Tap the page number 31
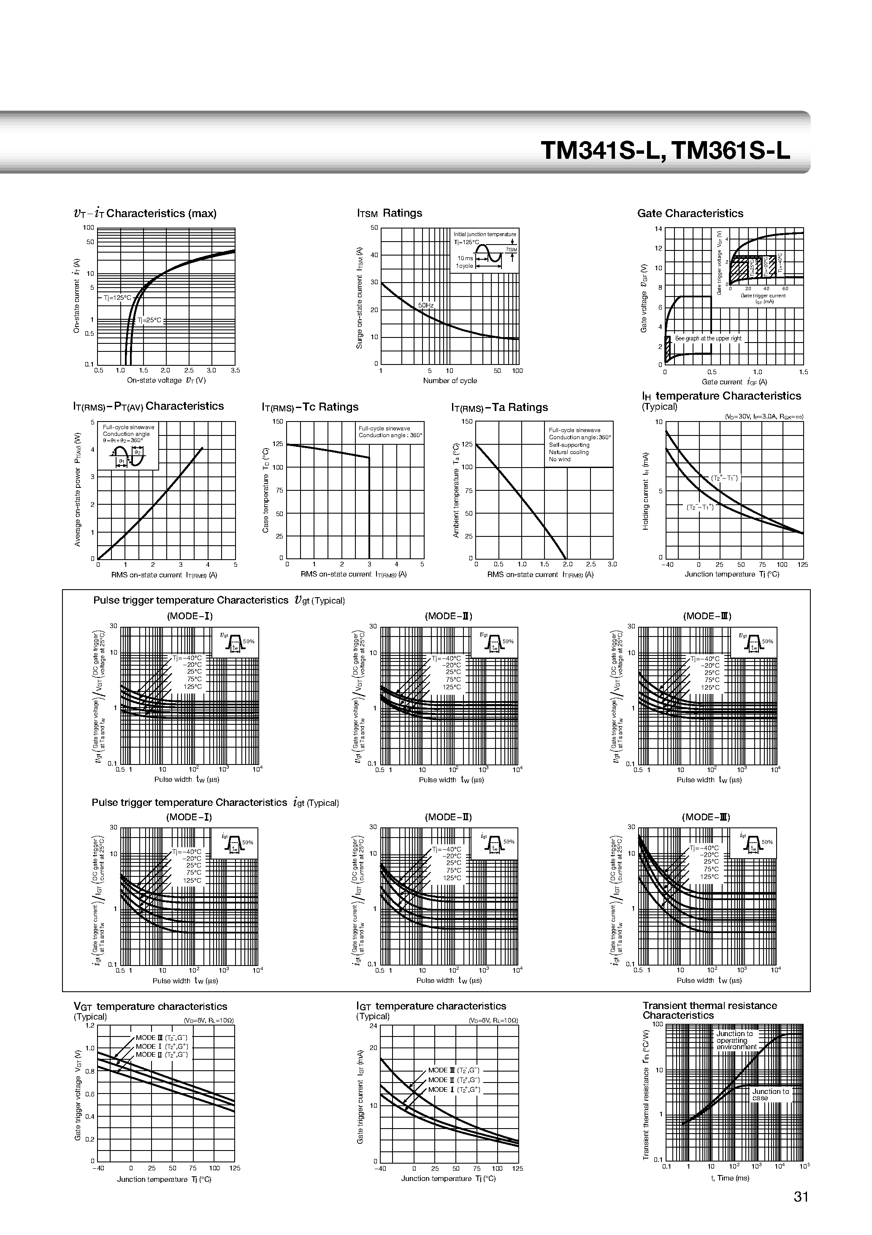pos(801,1196)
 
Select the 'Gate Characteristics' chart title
pos(690,214)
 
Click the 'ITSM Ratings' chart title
pos(389,213)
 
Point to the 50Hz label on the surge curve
pos(425,305)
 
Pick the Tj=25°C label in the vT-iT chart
pos(149,320)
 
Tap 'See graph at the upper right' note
pos(708,338)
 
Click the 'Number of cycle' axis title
pos(450,380)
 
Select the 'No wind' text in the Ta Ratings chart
pos(560,460)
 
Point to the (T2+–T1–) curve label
pos(724,478)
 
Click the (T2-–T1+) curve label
pos(700,507)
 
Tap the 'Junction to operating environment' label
pos(736,1040)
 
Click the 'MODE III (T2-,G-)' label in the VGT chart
pos(161,1038)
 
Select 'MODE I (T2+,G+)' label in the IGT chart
pos(454,1089)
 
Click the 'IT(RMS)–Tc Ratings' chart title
pos(310,407)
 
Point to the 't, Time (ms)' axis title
pos(729,1178)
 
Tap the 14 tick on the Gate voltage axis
pos(658,229)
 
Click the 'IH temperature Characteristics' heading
pos(721,396)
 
